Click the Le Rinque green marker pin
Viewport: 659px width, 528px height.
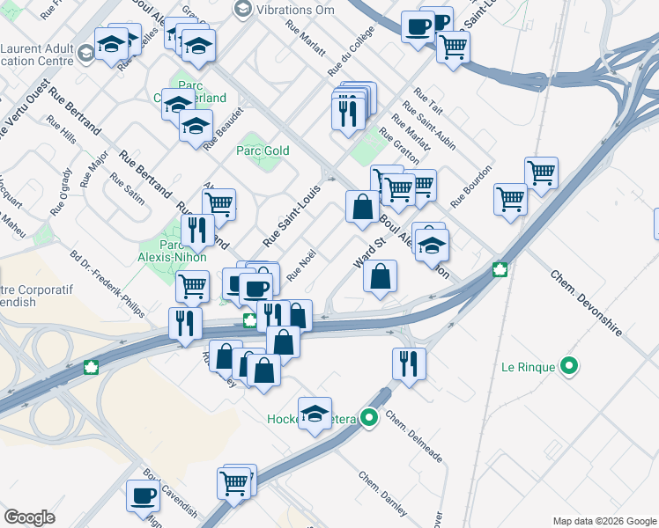pyautogui.click(x=570, y=365)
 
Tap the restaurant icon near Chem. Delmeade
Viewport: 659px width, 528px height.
pyautogui.click(x=409, y=362)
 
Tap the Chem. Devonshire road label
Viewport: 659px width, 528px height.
pyautogui.click(x=587, y=304)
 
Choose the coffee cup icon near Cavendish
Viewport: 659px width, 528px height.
pyautogui.click(x=143, y=495)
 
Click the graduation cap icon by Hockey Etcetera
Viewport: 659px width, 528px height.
pyautogui.click(x=315, y=413)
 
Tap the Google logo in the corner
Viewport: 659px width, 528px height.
pyautogui.click(x=29, y=517)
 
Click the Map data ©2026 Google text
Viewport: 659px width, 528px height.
pyautogui.click(x=603, y=520)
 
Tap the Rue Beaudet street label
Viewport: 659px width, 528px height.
pyautogui.click(x=223, y=136)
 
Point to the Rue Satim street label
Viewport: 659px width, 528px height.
pyautogui.click(x=127, y=190)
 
